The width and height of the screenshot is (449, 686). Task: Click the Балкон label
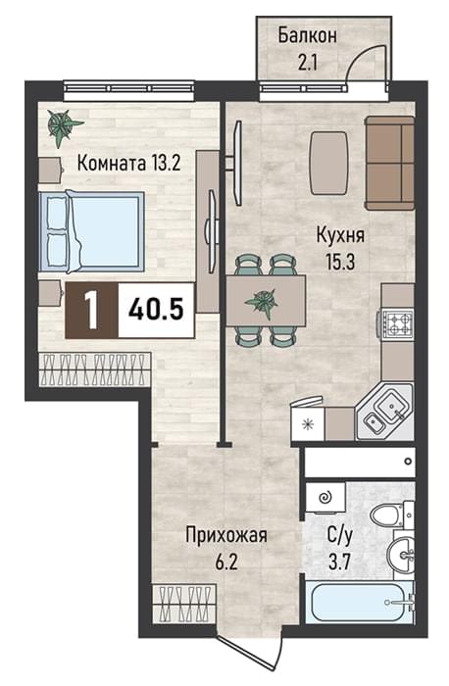307,36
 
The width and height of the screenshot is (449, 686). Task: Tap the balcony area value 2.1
307,63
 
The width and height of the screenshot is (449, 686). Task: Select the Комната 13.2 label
128,164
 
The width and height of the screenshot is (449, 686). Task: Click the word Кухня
340,236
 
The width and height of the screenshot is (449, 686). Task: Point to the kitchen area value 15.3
339,262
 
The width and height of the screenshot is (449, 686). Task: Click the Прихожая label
226,535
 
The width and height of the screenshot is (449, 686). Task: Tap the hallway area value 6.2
225,562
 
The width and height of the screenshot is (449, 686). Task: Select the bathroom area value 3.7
339,562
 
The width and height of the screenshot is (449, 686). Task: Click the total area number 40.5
155,311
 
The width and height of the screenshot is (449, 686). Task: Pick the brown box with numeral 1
91,311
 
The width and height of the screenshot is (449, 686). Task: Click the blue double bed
92,231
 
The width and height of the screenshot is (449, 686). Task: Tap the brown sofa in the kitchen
390,164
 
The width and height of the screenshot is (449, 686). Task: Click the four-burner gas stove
395,323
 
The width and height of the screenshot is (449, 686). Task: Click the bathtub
359,602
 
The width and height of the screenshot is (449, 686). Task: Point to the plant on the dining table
262,302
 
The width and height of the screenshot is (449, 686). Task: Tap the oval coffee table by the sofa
329,164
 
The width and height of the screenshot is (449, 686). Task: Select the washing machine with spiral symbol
325,497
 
